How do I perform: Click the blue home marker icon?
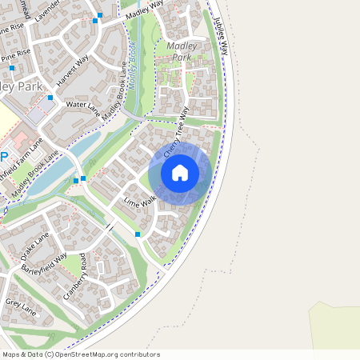pos(180,173)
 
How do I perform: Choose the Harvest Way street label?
pos(72,71)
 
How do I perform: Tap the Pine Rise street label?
pos(16,58)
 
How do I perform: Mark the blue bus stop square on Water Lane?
pos(50,98)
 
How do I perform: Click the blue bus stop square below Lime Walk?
pos(138,234)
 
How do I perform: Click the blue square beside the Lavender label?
pos(100,15)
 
